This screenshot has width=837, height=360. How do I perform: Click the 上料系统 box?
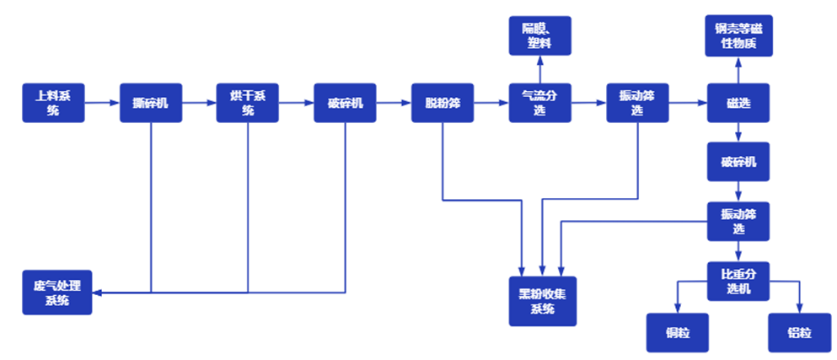[x=52, y=103]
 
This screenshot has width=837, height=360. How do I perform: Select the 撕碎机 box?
[x=150, y=103]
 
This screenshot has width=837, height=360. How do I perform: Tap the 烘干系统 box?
[x=248, y=103]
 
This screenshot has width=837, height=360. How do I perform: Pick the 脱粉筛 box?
[x=443, y=103]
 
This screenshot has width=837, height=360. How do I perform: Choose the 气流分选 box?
[x=539, y=103]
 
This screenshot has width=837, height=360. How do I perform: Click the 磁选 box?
[x=738, y=103]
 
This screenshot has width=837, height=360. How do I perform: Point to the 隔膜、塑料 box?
[x=539, y=36]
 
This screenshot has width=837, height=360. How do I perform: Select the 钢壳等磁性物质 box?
[x=738, y=36]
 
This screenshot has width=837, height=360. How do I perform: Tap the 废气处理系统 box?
[x=56, y=293]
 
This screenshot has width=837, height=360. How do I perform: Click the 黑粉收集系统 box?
[x=542, y=300]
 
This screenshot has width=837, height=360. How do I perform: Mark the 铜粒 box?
[x=678, y=333]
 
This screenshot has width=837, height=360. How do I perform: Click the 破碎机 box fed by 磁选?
[x=738, y=162]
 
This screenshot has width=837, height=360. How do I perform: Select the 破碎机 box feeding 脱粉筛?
[x=345, y=103]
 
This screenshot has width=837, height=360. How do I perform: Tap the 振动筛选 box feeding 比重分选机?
[x=738, y=221]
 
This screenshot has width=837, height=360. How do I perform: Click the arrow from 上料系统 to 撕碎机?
[x=102, y=103]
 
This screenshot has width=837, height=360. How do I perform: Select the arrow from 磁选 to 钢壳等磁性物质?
[x=738, y=69]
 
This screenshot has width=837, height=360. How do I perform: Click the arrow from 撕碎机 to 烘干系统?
[x=199, y=103]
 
